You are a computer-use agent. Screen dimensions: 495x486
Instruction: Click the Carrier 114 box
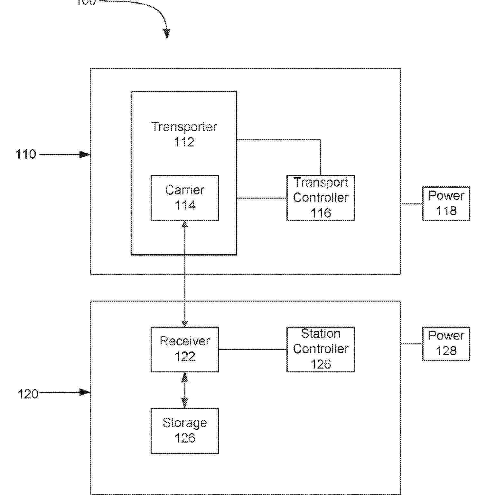point(185,198)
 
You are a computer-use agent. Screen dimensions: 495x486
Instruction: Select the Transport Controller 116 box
point(321,198)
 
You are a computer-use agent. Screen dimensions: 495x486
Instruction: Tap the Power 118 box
point(446,203)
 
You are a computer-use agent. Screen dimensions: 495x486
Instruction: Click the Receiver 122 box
point(185,350)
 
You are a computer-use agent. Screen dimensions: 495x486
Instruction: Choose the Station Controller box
point(321,350)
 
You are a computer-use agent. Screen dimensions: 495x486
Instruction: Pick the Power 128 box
point(446,344)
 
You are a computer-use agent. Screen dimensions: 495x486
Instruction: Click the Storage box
point(185,431)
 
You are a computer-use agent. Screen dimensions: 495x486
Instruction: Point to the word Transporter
point(184,127)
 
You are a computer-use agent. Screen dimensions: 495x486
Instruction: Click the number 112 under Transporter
point(184,142)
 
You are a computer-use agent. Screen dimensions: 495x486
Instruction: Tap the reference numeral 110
point(26,154)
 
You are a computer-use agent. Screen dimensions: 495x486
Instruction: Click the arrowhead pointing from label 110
point(85,155)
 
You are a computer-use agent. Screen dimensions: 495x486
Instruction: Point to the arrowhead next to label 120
point(85,392)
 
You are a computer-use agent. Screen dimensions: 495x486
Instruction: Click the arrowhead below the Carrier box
point(185,224)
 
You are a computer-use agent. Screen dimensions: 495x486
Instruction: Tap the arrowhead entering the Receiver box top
point(185,323)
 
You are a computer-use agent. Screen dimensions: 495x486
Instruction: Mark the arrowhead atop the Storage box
point(185,403)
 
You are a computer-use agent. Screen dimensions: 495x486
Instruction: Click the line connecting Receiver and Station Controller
point(253,349)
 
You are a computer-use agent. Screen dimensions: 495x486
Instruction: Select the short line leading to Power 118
point(411,204)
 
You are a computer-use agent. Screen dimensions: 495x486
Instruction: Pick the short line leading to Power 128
point(411,344)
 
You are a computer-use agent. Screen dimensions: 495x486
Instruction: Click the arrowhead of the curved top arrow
point(167,33)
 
